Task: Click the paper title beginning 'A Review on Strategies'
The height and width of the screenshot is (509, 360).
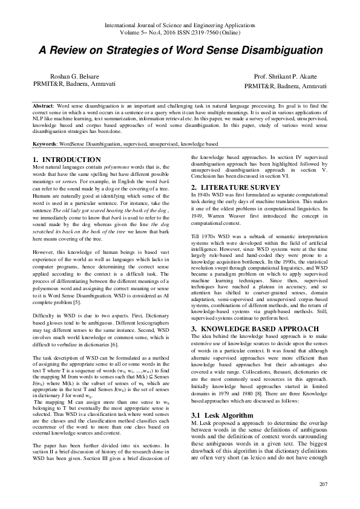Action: [180, 50]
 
